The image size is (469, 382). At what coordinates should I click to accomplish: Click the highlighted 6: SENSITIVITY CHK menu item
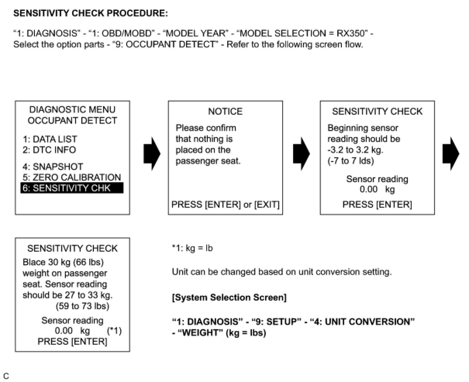tap(72, 188)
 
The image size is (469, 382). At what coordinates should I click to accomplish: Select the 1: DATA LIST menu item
tap(50, 139)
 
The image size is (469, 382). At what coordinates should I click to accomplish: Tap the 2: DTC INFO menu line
tap(49, 150)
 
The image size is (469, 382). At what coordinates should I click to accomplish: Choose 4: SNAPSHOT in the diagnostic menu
tap(53, 167)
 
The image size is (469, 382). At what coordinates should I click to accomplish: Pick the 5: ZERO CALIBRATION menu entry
tap(72, 177)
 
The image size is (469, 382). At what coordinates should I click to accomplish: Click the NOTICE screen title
tap(225, 112)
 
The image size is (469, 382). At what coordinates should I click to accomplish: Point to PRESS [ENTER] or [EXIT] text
tap(225, 205)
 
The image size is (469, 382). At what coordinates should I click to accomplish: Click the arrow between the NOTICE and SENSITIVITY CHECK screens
tap(301, 153)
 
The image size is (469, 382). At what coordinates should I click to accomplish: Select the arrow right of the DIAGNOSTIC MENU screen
tap(152, 153)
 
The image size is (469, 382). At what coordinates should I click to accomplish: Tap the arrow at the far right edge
tap(450, 153)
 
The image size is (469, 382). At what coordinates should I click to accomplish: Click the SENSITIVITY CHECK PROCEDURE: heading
tap(91, 13)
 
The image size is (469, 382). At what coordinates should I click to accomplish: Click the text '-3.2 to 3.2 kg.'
tap(358, 150)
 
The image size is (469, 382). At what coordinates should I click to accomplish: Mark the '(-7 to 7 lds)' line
tap(351, 161)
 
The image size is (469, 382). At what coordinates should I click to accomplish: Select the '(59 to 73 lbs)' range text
tap(83, 306)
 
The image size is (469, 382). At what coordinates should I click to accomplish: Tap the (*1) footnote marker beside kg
tap(114, 331)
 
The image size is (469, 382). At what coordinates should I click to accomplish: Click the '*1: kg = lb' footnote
tap(192, 248)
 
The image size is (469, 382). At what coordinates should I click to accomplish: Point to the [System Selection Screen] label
tap(229, 298)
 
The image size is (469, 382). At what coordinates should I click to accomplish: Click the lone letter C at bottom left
tap(6, 376)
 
